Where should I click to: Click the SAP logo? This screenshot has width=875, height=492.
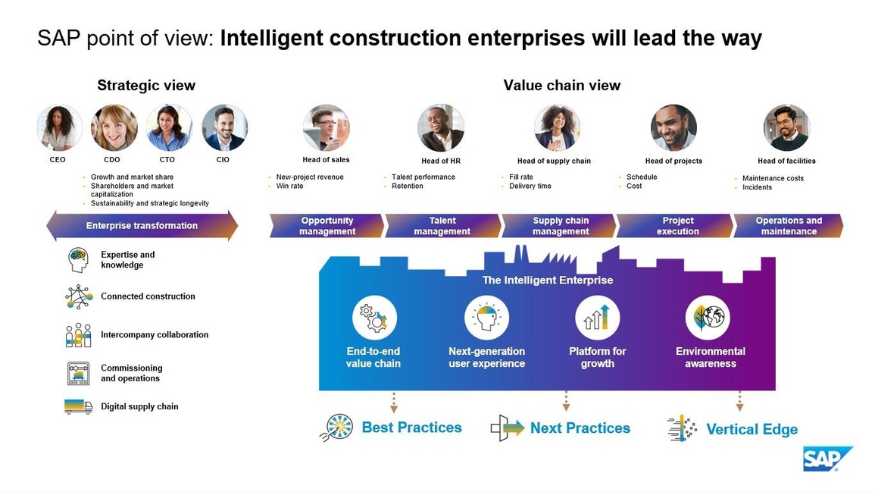coord(827,459)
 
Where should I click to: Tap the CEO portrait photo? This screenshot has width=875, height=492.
coord(59,128)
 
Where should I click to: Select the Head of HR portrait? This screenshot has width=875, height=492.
coord(441,128)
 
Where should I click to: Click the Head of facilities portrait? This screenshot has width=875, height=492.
coord(786,128)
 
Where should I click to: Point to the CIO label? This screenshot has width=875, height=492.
coord(223,160)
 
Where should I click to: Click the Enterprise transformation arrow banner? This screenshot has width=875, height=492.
coord(142,226)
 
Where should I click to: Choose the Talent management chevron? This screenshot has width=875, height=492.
coord(442,226)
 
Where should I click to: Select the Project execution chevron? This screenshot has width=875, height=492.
coord(677,226)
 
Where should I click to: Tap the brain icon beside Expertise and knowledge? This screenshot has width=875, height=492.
coord(78,260)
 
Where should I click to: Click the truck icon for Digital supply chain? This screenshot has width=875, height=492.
coord(78,406)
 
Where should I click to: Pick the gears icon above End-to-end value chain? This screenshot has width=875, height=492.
coord(374,317)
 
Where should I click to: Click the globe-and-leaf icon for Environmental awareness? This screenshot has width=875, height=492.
coord(708,317)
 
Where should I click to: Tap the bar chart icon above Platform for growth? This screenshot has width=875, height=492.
coord(597,317)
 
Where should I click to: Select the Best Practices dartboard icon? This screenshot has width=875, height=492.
coord(338,428)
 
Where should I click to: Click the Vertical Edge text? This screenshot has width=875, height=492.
coord(752,429)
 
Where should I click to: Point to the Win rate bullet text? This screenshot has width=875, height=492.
coord(289,186)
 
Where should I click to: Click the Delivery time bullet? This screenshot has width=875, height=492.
coord(530,186)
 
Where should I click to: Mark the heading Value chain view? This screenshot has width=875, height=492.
coord(562,86)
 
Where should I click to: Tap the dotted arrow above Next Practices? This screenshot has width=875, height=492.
coord(566,402)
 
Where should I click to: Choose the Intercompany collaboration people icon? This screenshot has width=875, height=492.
coord(78,335)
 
